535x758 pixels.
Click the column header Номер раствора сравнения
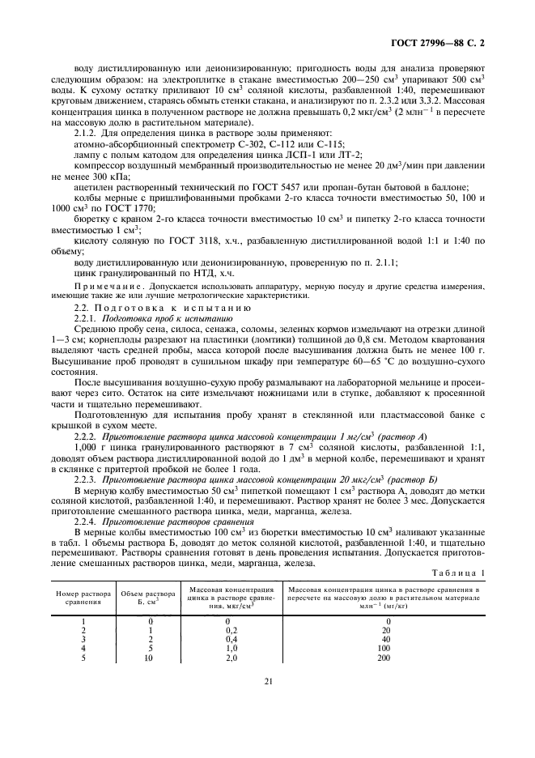(79, 597)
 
